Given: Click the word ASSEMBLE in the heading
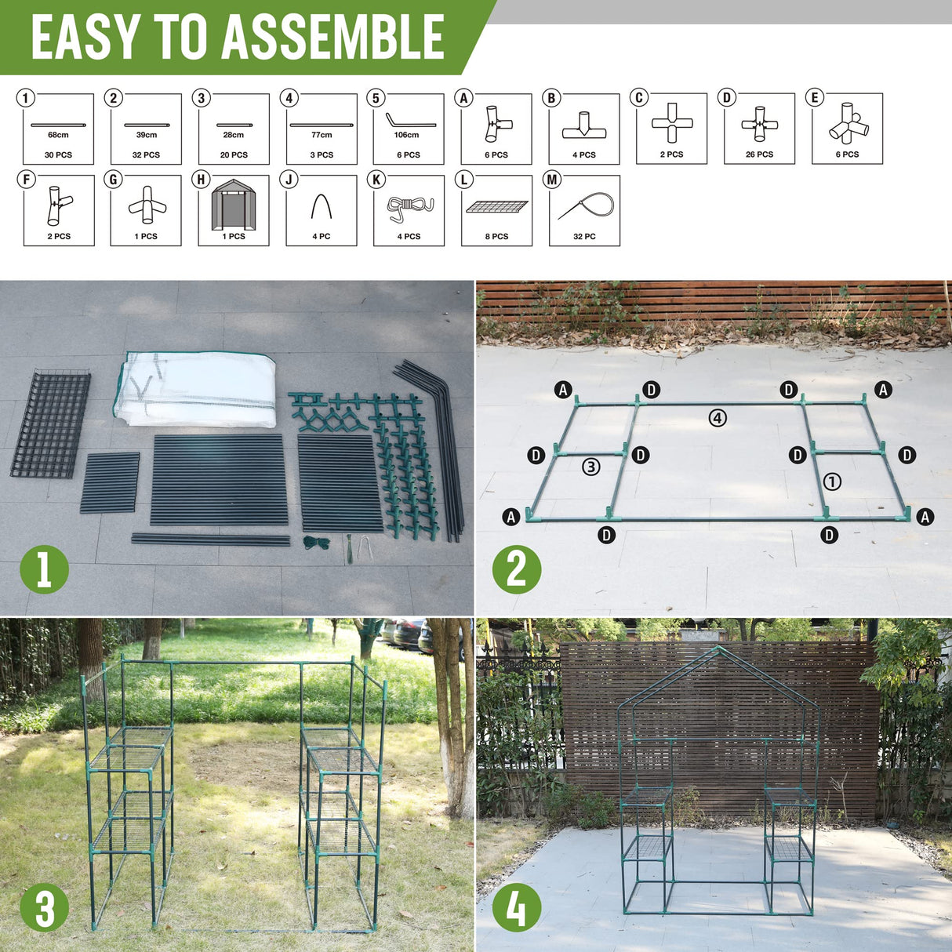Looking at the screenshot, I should [x=333, y=38].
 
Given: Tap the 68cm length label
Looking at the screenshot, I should [x=58, y=135].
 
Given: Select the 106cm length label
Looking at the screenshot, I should [x=406, y=135].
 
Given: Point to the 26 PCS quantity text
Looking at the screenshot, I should [x=759, y=154].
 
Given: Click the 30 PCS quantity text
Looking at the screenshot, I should [x=58, y=155].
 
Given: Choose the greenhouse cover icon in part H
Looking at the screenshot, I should [x=234, y=205].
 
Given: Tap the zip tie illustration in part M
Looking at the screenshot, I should [x=586, y=208].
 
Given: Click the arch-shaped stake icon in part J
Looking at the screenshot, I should [x=322, y=206].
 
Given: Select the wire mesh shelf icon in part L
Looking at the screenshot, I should [x=496, y=207].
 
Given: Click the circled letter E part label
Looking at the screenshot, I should [x=814, y=98].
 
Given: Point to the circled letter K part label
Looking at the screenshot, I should [x=376, y=180].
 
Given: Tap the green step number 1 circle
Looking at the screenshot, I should [x=44, y=569].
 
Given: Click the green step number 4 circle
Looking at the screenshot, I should [x=516, y=909].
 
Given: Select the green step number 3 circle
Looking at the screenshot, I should [x=44, y=909].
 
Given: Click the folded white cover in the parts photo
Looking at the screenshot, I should [x=196, y=389].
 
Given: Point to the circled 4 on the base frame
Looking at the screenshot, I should [x=718, y=418].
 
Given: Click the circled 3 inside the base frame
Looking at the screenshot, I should [x=590, y=467].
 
